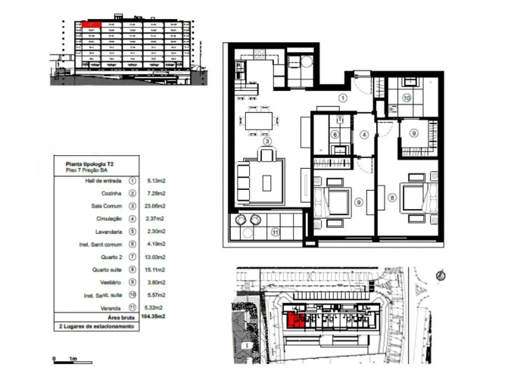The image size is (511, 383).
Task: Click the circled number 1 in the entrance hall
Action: coord(342,98)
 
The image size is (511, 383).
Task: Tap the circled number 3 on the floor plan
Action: coord(266,140)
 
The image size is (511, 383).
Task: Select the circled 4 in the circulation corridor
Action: coord(364,135)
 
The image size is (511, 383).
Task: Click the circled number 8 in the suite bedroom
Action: coord(392,198)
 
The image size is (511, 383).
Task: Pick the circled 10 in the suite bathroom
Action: coord(407,98)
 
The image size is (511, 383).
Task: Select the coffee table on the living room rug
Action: coord(267,182)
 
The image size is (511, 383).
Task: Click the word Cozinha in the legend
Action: coord(108,193)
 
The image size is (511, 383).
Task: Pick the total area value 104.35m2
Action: coord(154,317)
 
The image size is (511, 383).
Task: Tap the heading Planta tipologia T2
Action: coord(90,163)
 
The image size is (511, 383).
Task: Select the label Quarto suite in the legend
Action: coord(104,267)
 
